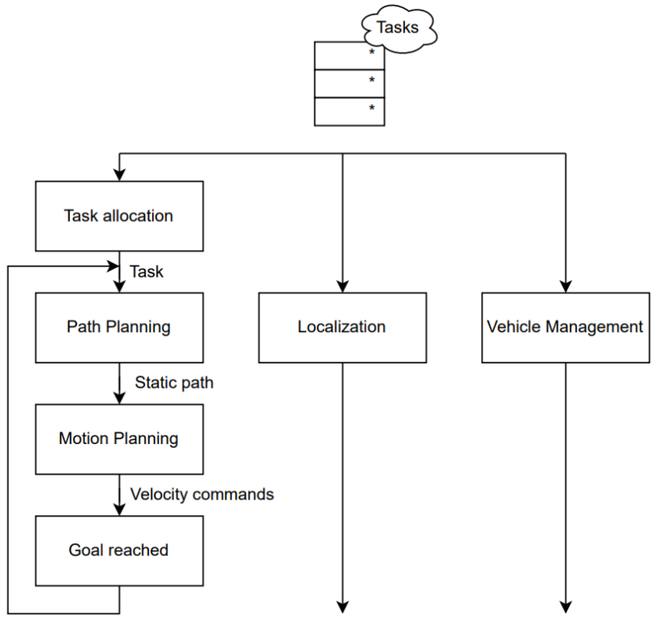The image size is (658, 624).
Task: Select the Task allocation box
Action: [x=119, y=216]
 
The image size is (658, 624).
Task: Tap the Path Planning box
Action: [x=119, y=328]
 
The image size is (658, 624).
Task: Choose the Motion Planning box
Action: [x=119, y=439]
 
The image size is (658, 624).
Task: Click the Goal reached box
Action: [x=119, y=551]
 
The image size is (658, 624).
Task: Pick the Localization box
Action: [x=342, y=328]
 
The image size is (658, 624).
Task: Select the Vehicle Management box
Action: [x=565, y=328]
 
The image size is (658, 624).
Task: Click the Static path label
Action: [x=174, y=383]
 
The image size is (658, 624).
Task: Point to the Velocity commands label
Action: [x=202, y=494]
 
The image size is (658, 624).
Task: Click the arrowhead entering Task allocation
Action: [x=119, y=175]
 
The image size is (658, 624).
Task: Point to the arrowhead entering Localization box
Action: [x=343, y=286]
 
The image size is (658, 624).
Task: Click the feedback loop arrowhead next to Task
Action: [x=113, y=266]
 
